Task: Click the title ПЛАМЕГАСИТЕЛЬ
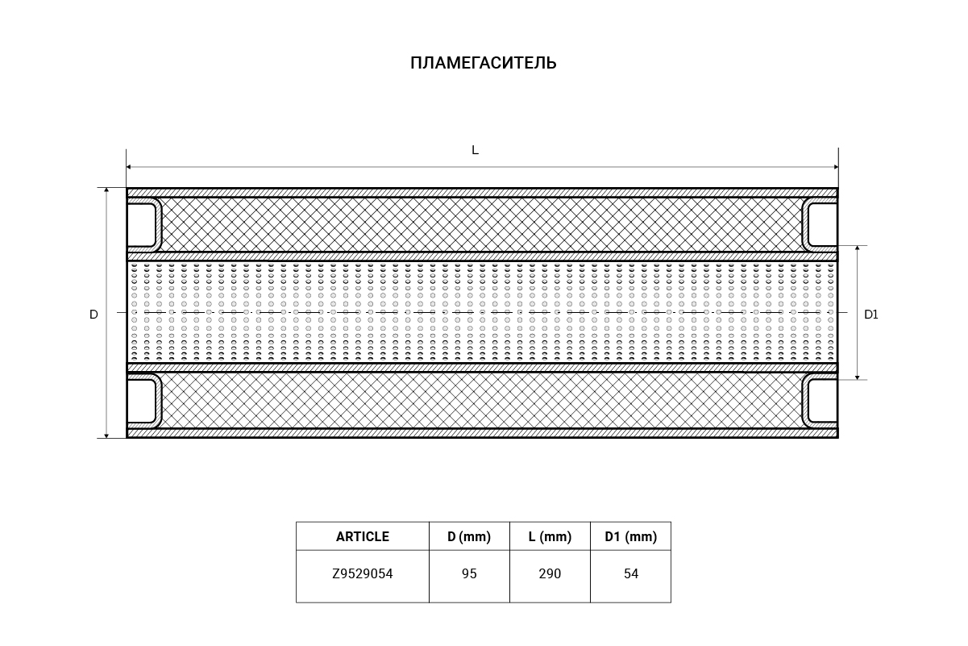coord(483,63)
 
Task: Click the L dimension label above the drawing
coord(475,150)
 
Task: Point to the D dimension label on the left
coord(93,315)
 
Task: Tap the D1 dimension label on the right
coord(870,315)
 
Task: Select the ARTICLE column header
coord(363,536)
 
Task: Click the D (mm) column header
coord(469,536)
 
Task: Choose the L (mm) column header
coord(550,536)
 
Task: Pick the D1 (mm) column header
coord(630,536)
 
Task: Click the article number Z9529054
coord(363,573)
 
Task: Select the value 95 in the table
coord(469,573)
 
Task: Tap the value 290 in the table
coord(550,573)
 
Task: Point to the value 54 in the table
coord(631,573)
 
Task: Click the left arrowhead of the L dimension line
coord(128,167)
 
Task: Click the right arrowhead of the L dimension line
coord(836,167)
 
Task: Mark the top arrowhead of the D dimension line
coord(106,190)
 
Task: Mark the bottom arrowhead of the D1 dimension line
coord(858,377)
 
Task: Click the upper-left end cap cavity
coord(142,225)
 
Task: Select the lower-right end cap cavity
coord(822,400)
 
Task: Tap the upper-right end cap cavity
coord(822,225)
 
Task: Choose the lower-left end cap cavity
coord(142,400)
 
